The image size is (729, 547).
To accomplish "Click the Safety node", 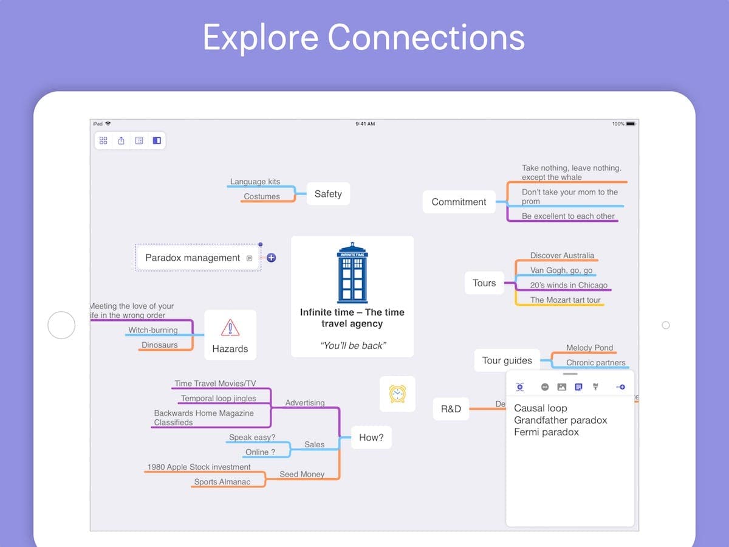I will pyautogui.click(x=328, y=194).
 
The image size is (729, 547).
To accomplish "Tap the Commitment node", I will pyautogui.click(x=459, y=202).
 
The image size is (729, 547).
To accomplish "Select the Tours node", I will pyautogui.click(x=484, y=283).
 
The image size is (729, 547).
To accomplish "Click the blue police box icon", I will pyautogui.click(x=352, y=273).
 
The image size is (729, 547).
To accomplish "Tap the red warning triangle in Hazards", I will pyautogui.click(x=230, y=328).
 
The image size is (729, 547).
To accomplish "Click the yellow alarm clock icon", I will pyautogui.click(x=397, y=393).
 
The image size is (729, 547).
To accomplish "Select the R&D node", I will pyautogui.click(x=451, y=409).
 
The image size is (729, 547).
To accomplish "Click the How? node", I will pyautogui.click(x=371, y=437).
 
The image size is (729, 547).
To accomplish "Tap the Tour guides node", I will pyautogui.click(x=507, y=360).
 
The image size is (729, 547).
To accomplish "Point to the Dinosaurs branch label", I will pyautogui.click(x=160, y=345).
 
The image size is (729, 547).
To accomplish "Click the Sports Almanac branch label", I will pyautogui.click(x=222, y=482).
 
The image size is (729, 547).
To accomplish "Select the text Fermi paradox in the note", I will pyautogui.click(x=546, y=432).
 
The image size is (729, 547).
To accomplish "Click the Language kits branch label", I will pyautogui.click(x=255, y=182).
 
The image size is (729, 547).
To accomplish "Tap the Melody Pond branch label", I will pyautogui.click(x=589, y=348).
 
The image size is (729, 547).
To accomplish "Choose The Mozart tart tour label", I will pyautogui.click(x=565, y=300).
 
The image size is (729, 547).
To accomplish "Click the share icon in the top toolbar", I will pyautogui.click(x=121, y=140).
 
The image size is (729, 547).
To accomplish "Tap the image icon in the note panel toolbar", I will pyautogui.click(x=561, y=387).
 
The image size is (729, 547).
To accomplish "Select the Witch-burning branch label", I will pyautogui.click(x=153, y=330).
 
